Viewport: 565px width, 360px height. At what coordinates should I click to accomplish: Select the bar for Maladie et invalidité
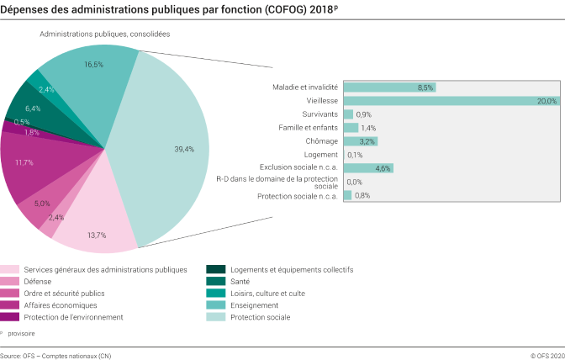[388, 87]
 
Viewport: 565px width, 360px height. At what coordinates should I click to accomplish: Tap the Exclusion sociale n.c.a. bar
[367, 168]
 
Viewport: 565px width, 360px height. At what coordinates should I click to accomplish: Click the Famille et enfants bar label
[308, 128]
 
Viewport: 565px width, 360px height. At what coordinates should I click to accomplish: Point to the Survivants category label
[319, 114]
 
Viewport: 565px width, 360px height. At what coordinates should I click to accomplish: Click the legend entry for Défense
[38, 282]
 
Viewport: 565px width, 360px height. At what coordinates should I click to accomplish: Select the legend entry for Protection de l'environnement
[73, 317]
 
